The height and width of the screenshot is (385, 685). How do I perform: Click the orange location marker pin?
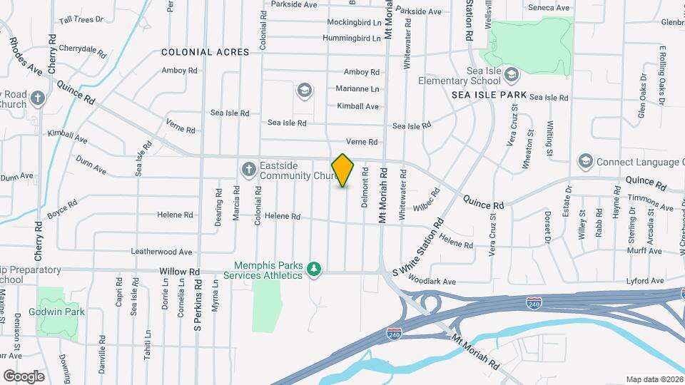[x=343, y=170]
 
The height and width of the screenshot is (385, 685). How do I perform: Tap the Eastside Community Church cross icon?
[x=248, y=169]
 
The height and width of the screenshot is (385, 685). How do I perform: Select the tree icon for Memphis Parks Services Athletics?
[x=313, y=269]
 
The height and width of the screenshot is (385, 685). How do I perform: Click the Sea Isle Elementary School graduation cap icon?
[x=512, y=74]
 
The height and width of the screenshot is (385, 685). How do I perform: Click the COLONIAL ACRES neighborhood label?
[x=205, y=52]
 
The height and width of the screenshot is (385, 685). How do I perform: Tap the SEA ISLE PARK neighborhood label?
[x=489, y=95]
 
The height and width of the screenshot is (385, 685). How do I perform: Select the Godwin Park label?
[x=56, y=312]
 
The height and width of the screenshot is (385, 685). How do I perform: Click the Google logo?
[x=24, y=376]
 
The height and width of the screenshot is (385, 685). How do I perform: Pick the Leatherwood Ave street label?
[x=162, y=252]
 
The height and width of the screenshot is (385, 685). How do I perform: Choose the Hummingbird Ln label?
[x=352, y=38]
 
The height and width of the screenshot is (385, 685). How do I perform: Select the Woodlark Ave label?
[x=433, y=282]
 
